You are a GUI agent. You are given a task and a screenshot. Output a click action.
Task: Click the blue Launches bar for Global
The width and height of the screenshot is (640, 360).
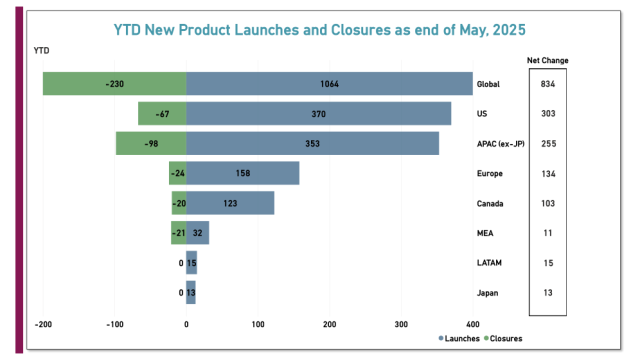pyautogui.click(x=329, y=83)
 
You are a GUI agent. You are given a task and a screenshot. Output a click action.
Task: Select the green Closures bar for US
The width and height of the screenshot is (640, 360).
pyautogui.click(x=162, y=113)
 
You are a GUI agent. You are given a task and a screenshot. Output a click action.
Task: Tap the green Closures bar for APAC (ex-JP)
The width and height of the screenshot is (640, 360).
pyautogui.click(x=151, y=143)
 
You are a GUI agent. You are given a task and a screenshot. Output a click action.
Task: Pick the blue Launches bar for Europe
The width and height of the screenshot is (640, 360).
pyautogui.click(x=242, y=173)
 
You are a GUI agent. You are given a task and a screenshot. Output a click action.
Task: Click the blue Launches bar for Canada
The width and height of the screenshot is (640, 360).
pyautogui.click(x=230, y=203)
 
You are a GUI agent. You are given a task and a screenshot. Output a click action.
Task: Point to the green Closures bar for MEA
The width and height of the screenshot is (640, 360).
pyautogui.click(x=178, y=233)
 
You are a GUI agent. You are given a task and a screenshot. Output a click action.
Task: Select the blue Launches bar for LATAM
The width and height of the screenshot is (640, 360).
pyautogui.click(x=191, y=263)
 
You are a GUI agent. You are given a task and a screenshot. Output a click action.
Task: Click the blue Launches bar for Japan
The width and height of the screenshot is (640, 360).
pyautogui.click(x=191, y=293)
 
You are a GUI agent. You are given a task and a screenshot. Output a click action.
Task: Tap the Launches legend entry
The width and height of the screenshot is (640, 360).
pyautogui.click(x=459, y=338)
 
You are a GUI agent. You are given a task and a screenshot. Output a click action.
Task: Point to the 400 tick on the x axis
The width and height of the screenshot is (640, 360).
pyautogui.click(x=473, y=324)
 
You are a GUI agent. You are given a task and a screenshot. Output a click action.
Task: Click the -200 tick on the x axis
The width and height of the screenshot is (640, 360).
pyautogui.click(x=43, y=324)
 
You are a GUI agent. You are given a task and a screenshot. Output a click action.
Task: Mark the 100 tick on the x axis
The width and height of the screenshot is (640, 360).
pyautogui.click(x=258, y=324)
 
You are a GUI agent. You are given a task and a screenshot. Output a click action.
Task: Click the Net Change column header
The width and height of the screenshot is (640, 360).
pyautogui.click(x=547, y=60)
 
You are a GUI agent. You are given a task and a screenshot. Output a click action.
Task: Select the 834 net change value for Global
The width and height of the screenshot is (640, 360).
pyautogui.click(x=547, y=84)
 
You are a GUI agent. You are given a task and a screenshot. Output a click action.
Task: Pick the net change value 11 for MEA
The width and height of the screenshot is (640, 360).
pyautogui.click(x=547, y=233)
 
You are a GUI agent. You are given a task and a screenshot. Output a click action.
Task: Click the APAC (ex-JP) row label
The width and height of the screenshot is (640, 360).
pyautogui.click(x=500, y=143)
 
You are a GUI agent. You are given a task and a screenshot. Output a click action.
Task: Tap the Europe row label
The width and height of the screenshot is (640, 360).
pyautogui.click(x=490, y=173)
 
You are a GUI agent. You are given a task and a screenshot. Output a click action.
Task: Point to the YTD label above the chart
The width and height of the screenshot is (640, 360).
pyautogui.click(x=41, y=50)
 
